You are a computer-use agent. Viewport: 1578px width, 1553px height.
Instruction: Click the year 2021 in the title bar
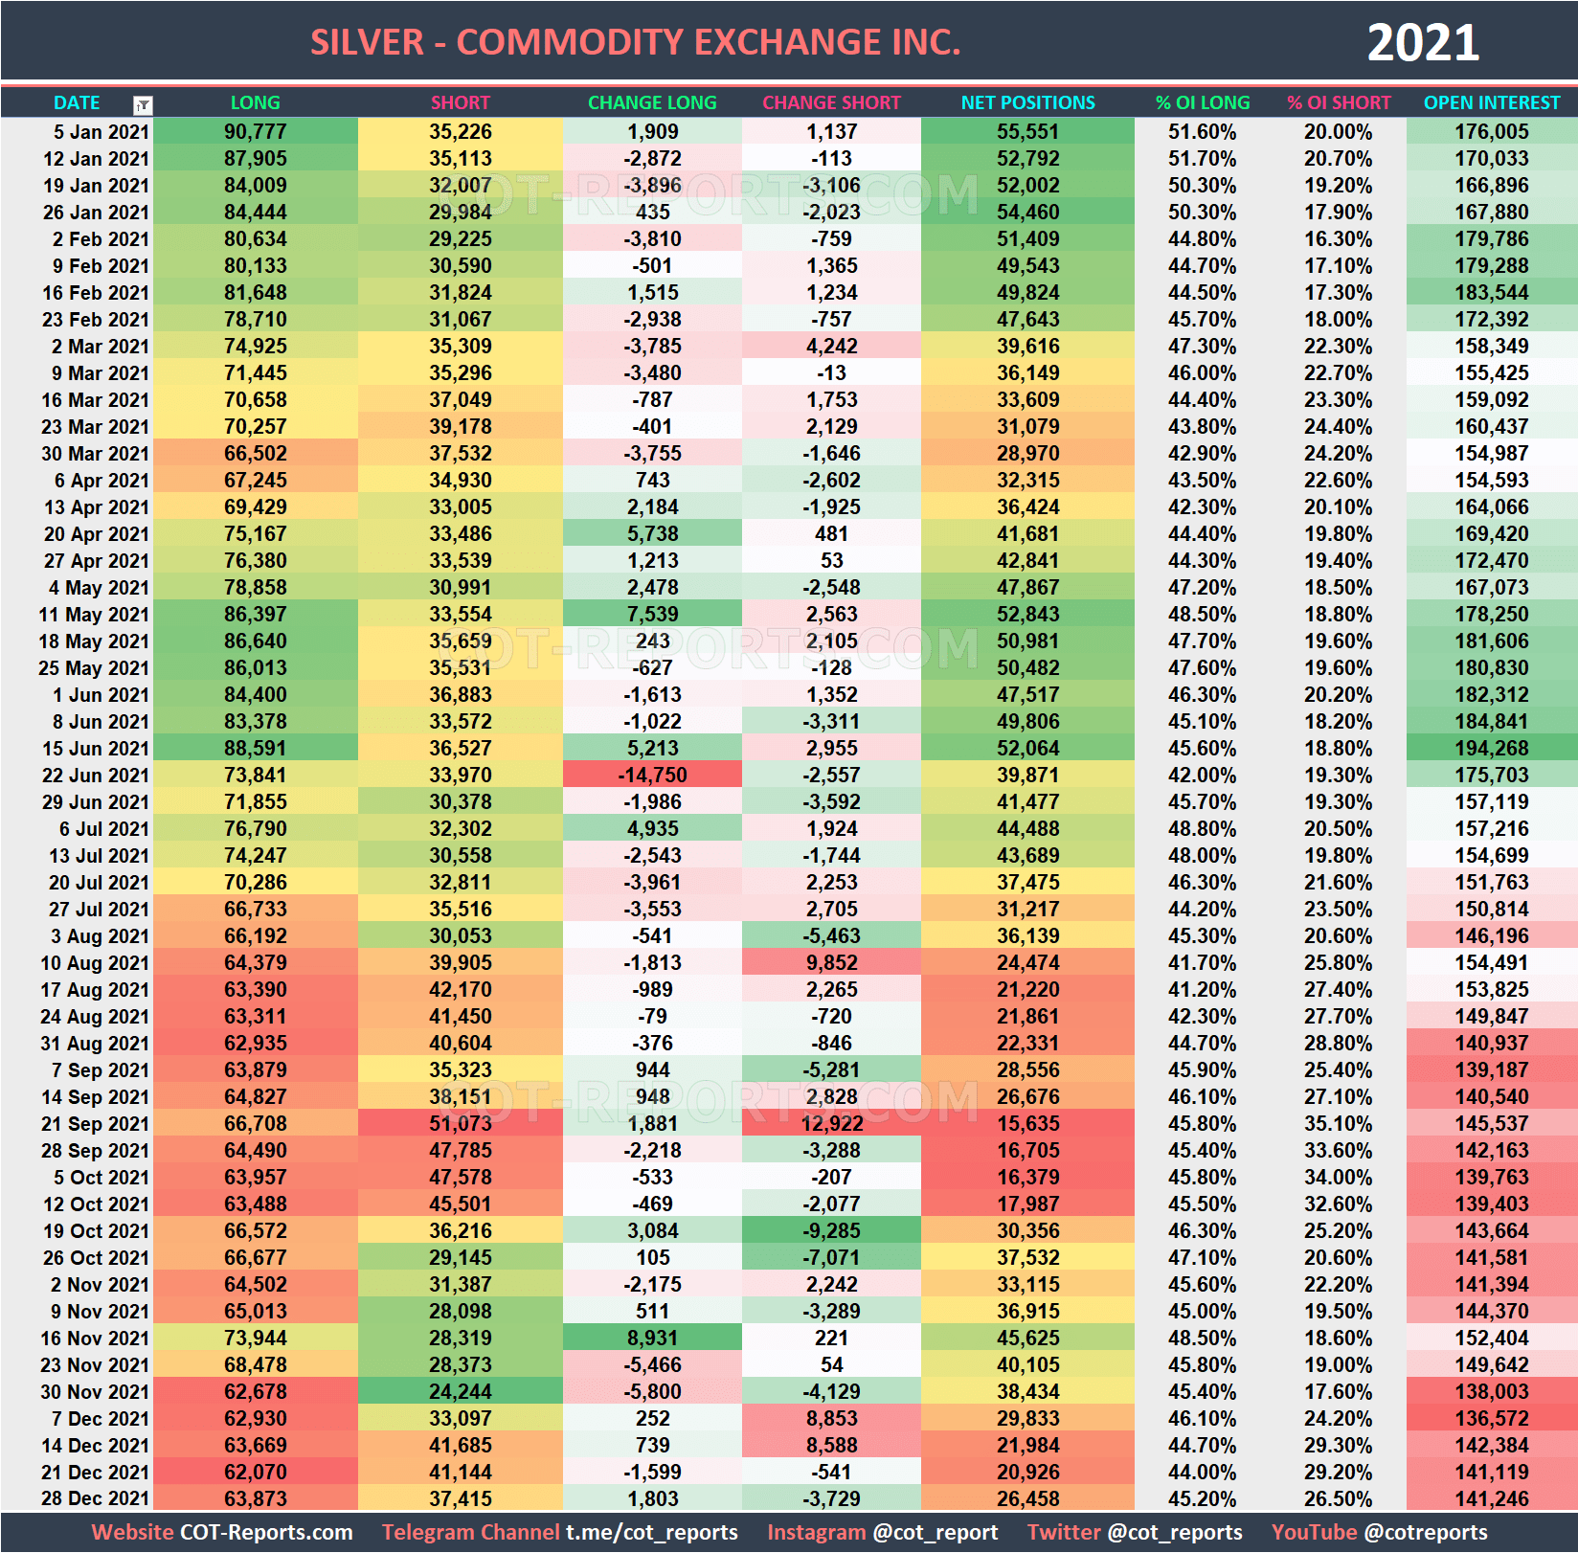(1422, 43)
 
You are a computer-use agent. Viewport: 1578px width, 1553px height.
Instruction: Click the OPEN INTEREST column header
(1491, 102)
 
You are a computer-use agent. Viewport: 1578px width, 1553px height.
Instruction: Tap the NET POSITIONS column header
(1027, 102)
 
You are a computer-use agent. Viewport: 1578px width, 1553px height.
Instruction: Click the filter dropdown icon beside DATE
(143, 105)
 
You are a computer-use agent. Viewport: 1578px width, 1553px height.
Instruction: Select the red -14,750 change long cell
(652, 775)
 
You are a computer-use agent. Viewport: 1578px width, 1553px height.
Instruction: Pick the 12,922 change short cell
(831, 1123)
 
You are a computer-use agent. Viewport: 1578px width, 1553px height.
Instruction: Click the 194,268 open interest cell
(1491, 748)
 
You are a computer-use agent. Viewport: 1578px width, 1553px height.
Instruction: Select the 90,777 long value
(255, 131)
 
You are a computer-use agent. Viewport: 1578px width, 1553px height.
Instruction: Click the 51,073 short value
(460, 1123)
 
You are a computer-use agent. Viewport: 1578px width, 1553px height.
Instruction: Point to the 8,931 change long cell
(652, 1338)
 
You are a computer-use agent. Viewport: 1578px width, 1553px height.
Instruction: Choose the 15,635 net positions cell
(1027, 1123)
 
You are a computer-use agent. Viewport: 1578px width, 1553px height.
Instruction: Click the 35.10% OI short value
(1338, 1123)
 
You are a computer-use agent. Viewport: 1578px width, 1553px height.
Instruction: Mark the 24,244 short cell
(460, 1391)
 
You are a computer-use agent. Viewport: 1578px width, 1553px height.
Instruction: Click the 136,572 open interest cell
(1491, 1418)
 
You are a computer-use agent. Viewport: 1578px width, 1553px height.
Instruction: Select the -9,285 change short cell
(831, 1230)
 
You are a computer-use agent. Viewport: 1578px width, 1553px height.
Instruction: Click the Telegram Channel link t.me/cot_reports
(651, 1532)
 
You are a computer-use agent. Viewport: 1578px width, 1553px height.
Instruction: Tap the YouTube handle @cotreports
(1426, 1532)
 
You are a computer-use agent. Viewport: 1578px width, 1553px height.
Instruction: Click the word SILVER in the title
(367, 43)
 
